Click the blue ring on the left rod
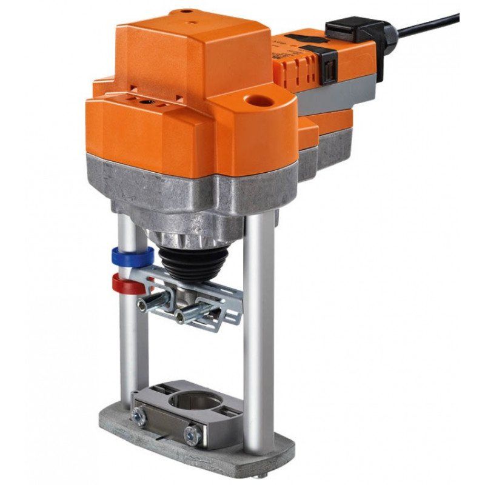125,253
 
